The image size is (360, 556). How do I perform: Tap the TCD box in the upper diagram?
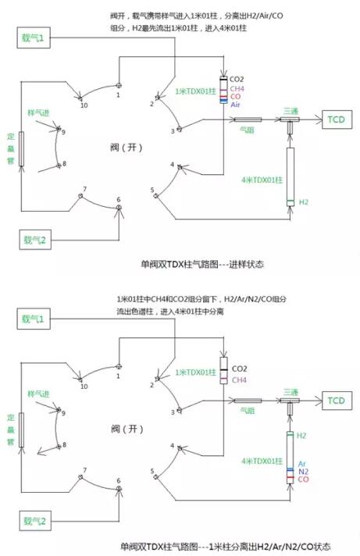pyautogui.click(x=335, y=119)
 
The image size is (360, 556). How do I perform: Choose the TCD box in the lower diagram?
pyautogui.click(x=335, y=401)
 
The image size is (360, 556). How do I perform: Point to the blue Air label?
pyautogui.click(x=236, y=104)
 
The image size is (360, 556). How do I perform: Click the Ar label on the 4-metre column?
pyautogui.click(x=302, y=463)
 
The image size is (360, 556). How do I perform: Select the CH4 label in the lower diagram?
pyautogui.click(x=237, y=380)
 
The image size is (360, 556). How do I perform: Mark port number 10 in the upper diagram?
pyautogui.click(x=84, y=104)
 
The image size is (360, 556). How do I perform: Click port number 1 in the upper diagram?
pyautogui.click(x=119, y=94)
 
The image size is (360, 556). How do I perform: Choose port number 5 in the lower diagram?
pyautogui.click(x=152, y=471)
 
